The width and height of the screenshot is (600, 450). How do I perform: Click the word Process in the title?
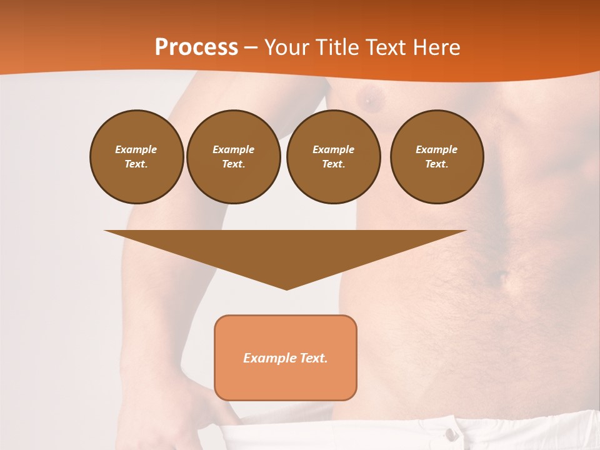[x=196, y=47]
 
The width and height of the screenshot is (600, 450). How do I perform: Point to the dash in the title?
[x=251, y=47]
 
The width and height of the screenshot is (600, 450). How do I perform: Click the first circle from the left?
[x=136, y=156]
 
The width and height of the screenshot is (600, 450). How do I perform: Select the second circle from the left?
[x=233, y=156]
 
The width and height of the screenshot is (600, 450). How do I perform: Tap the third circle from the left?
[x=333, y=156]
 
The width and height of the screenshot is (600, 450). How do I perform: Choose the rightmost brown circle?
[x=437, y=156]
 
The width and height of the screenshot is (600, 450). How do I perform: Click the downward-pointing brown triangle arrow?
[x=286, y=250]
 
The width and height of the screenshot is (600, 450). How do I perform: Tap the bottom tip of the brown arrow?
[x=286, y=288]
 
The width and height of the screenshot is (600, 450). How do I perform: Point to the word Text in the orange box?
[x=312, y=358]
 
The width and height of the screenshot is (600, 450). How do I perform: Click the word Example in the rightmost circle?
[x=437, y=149]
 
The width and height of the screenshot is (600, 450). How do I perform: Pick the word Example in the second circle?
[x=233, y=149]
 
